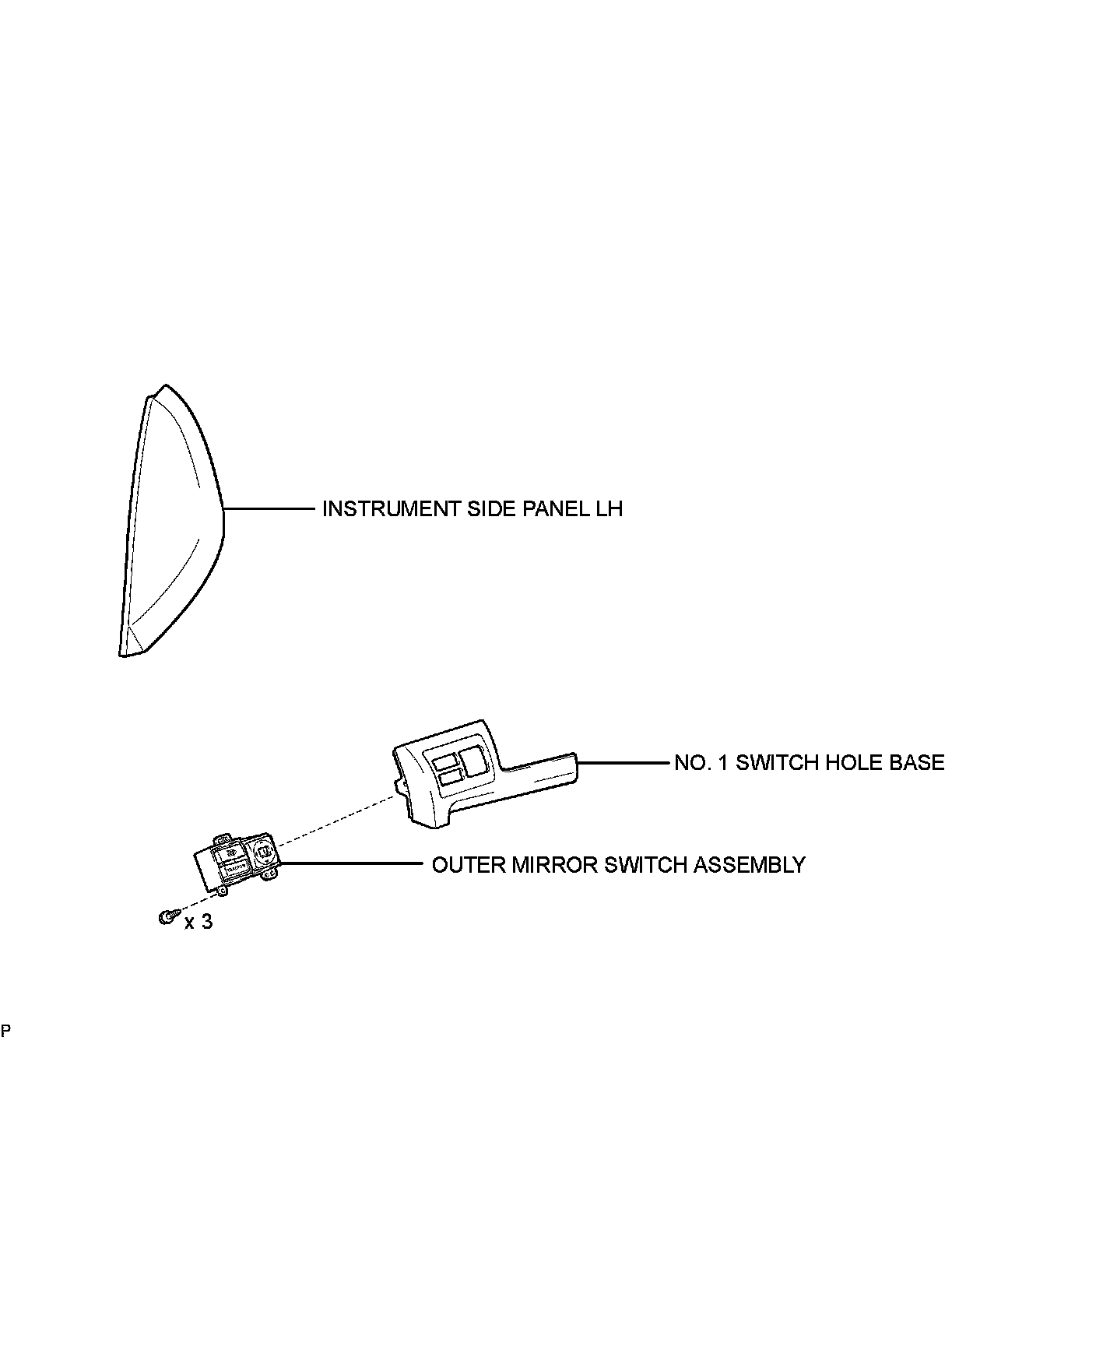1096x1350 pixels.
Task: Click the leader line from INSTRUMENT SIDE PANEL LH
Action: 269,509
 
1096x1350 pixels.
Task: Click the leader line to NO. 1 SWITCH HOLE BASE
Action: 623,763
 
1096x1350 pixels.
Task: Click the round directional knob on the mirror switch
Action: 262,854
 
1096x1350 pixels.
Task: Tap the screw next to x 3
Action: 166,918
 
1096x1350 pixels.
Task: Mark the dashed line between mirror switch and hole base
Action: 335,821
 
